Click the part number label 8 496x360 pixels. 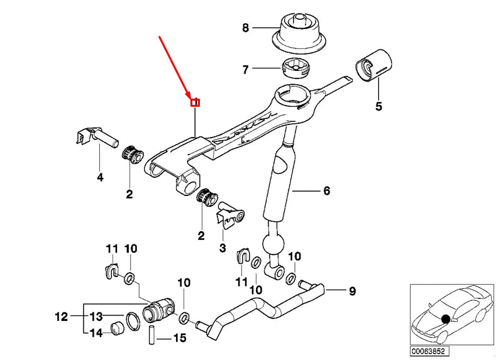click(x=246, y=28)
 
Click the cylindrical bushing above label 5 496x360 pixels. click(x=373, y=64)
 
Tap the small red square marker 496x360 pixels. click(x=196, y=102)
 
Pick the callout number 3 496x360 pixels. click(x=222, y=249)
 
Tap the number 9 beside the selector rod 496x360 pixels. click(x=352, y=291)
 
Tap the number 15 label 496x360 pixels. click(x=179, y=339)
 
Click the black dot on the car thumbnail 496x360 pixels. click(x=446, y=319)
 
